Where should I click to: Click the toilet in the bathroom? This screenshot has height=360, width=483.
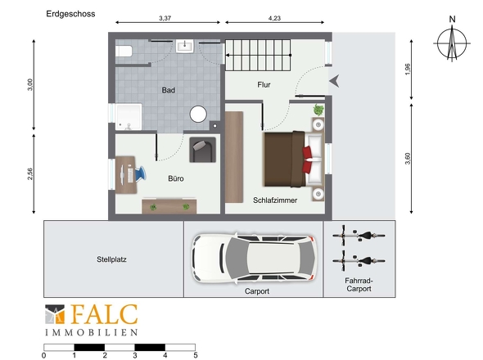pos(124,51)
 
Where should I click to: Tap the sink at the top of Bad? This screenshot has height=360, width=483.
pos(185,46)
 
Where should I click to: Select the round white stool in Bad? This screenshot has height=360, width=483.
pos(198,114)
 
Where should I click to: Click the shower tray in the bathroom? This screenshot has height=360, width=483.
pos(129,117)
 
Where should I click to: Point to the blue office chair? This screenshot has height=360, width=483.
pos(139,174)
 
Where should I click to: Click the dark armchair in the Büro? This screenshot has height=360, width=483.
pos(202,150)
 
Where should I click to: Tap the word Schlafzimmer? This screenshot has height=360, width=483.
pos(275,200)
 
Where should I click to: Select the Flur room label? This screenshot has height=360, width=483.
pos(264,85)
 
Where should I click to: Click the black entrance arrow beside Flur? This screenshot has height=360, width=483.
pos(334,81)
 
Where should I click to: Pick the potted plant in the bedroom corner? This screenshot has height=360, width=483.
pos(318,110)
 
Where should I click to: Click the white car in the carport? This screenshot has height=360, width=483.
pos(254,259)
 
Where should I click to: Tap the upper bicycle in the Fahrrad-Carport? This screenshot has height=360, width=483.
pos(359,236)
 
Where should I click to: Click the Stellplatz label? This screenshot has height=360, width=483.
pos(111,259)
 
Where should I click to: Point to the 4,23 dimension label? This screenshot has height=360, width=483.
pos(274,18)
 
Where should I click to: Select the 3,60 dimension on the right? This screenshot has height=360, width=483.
pos(408,159)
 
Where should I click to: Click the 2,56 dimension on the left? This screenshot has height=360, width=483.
pos(29,174)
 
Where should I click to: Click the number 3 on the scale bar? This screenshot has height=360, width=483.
pos(135,356)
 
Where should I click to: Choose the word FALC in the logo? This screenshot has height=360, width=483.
pos(104,314)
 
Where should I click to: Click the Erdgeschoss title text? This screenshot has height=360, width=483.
pos(70,14)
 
